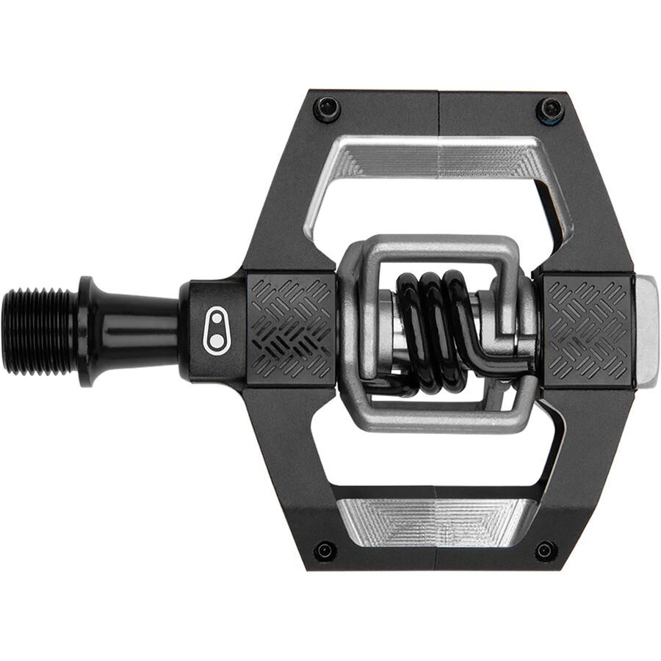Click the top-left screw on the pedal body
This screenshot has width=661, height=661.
(327, 109)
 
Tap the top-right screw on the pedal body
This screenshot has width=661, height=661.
(550, 110)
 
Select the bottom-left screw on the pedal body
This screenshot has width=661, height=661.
(325, 551)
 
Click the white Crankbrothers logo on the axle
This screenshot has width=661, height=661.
(217, 331)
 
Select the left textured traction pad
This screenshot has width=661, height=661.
(292, 330)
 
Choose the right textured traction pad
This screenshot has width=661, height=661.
(587, 330)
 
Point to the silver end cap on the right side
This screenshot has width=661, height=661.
(646, 330)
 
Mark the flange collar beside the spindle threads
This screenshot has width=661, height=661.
(85, 330)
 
